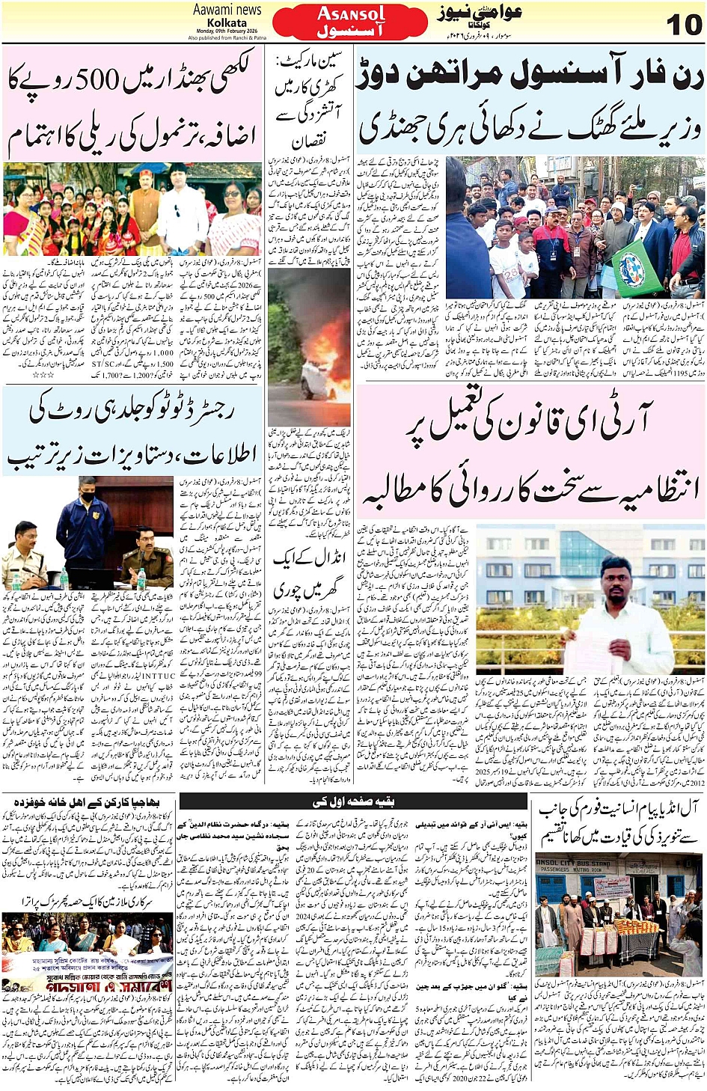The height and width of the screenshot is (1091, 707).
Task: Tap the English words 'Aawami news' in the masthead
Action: point(227,10)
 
